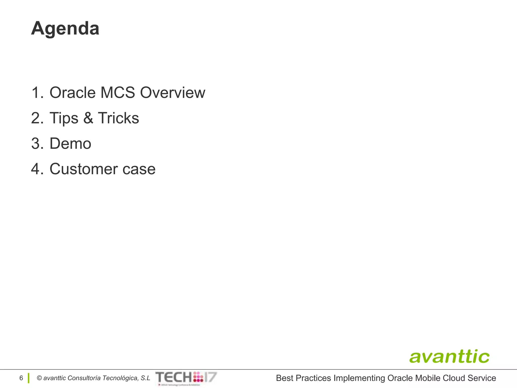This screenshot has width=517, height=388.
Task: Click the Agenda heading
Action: pos(65,28)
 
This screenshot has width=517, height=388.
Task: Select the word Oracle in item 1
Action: pos(72,92)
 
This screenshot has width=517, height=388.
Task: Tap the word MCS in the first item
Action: pos(118,92)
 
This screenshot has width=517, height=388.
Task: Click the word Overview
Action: pos(172,92)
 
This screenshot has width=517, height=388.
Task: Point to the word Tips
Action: pos(64,118)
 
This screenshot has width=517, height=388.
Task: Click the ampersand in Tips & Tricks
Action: pos(88,118)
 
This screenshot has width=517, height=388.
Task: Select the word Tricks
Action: pos(118,118)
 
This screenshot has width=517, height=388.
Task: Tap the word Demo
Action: pos(70,143)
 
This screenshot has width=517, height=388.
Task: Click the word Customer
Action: pos(84,169)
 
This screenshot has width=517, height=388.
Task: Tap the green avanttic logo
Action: pos(449,357)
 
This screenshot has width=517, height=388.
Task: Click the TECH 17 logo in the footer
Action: pos(186,378)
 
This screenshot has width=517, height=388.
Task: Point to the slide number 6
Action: pos(21,378)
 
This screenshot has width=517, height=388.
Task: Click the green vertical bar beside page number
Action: pos(29,378)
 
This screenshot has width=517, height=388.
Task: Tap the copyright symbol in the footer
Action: pos(39,378)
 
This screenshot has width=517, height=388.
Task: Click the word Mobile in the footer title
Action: pos(428,378)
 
